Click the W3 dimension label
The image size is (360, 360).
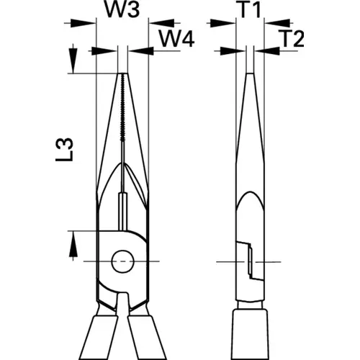pyautogui.click(x=122, y=10)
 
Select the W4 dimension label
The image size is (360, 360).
pyautogui.click(x=176, y=40)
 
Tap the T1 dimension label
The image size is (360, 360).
pyautogui.click(x=250, y=10)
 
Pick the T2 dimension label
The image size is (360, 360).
pyautogui.click(x=292, y=38)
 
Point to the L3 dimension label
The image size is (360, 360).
pyautogui.click(x=64, y=150)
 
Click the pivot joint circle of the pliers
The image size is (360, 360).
pyautogui.click(x=123, y=261)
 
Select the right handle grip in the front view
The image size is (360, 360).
pyautogui.click(x=147, y=338)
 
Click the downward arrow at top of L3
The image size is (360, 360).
pyautogui.click(x=73, y=59)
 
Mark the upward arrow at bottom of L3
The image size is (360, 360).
pyautogui.click(x=73, y=246)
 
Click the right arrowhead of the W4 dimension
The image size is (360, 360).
pyautogui.click(x=140, y=51)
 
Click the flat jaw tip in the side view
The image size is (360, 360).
pyautogui.click(x=250, y=73)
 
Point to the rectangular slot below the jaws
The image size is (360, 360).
pyautogui.click(x=123, y=212)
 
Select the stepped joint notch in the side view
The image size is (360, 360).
pyautogui.click(x=250, y=261)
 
